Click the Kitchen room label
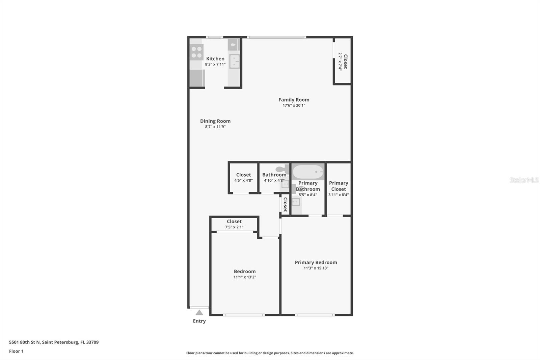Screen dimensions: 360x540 point(215,59)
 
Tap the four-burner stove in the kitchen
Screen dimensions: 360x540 point(196,52)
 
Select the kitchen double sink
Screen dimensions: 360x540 point(234,61)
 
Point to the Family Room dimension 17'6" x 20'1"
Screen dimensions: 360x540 point(294,105)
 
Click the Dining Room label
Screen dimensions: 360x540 point(215,121)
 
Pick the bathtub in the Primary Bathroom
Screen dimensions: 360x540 point(308,172)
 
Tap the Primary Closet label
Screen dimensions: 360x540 point(339,186)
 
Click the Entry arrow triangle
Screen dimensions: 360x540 point(199,312)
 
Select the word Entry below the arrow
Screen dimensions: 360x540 point(199,321)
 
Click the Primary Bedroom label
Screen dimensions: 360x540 point(316,262)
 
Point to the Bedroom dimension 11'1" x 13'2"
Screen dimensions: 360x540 point(245,277)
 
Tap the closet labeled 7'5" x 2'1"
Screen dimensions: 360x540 point(234,224)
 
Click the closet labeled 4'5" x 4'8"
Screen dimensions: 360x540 point(243,177)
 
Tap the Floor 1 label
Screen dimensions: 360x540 point(16,351)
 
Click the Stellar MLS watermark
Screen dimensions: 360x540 point(524,180)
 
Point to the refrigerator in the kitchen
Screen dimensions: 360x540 point(197,78)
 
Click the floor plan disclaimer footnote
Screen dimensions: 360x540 point(270,353)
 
